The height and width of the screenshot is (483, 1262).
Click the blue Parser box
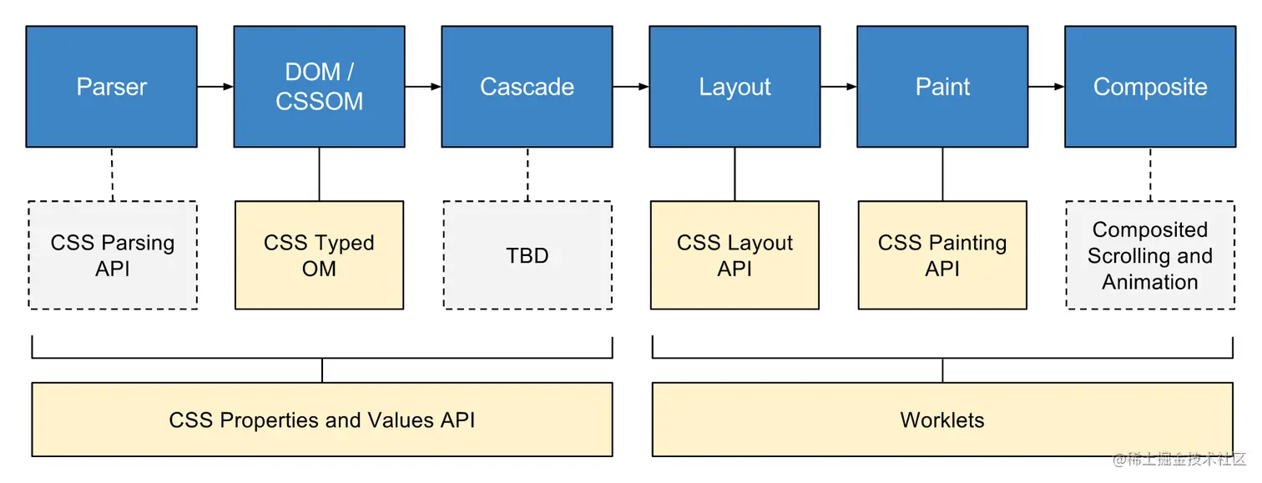[x=112, y=87]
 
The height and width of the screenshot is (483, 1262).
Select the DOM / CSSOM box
[x=320, y=87]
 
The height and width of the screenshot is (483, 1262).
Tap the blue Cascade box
[x=528, y=87]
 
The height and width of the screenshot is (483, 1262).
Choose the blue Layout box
[x=734, y=87]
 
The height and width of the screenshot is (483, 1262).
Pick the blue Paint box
[x=942, y=87]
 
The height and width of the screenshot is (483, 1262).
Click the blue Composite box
[x=1150, y=87]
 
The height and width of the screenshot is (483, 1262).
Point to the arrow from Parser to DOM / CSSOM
[x=215, y=87]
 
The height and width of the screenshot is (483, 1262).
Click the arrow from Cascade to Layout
[x=631, y=87]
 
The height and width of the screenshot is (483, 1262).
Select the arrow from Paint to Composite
[x=1046, y=87]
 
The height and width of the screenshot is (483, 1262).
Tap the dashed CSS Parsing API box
[x=113, y=255]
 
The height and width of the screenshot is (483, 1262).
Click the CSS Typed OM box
[x=320, y=255]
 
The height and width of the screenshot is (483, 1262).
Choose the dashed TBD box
[x=528, y=255]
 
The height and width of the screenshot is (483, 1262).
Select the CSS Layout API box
[x=734, y=255]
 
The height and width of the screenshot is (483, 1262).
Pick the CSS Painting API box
[x=942, y=255]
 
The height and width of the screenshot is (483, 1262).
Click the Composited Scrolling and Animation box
[x=1150, y=255]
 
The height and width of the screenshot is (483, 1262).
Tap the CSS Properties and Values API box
[x=322, y=420]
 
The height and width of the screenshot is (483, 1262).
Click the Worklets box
[x=942, y=420]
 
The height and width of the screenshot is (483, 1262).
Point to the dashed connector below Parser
[x=112, y=174]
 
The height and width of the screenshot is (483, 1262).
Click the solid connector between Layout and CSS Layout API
[x=734, y=174]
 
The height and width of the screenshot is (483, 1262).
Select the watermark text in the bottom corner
[x=1179, y=460]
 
